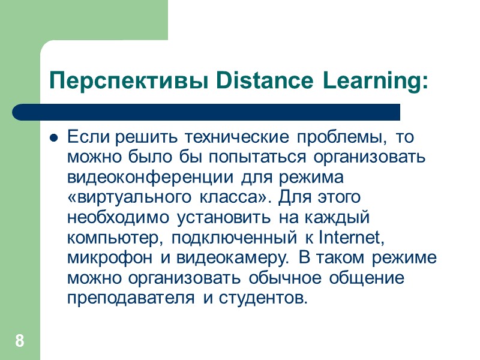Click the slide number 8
pos(20,342)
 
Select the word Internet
pos(350,238)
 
